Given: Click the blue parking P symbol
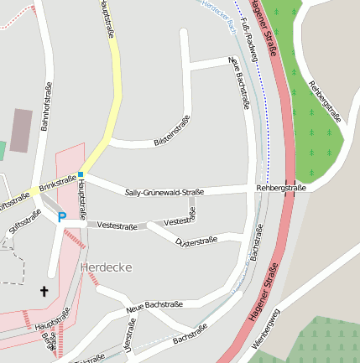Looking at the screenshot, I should pyautogui.click(x=61, y=217).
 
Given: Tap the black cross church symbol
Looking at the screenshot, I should pyautogui.click(x=44, y=291).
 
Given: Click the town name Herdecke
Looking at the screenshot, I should pyautogui.click(x=107, y=267).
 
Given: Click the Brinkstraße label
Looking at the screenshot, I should pyautogui.click(x=57, y=182).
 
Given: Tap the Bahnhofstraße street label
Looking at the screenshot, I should pyautogui.click(x=48, y=107).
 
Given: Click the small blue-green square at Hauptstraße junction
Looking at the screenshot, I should pyautogui.click(x=81, y=174).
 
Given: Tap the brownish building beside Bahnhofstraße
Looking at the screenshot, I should pyautogui.click(x=21, y=130).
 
